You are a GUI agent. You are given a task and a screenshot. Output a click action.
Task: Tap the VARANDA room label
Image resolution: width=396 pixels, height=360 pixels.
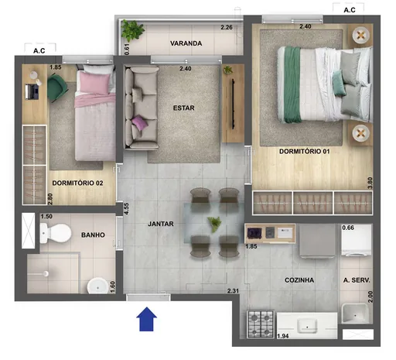tap(186, 44)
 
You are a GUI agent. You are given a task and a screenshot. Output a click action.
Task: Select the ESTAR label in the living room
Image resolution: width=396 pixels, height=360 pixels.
tap(183, 108)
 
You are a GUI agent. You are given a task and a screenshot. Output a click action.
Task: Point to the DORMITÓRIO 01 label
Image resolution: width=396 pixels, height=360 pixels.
tap(305, 152)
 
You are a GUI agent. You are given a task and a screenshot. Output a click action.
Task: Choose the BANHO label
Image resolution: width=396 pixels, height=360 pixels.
tap(93, 235)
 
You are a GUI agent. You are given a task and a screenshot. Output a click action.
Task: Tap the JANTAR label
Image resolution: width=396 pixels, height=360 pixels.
tap(160, 225)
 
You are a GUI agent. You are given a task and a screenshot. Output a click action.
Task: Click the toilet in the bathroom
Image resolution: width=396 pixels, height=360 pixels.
tap(52, 232)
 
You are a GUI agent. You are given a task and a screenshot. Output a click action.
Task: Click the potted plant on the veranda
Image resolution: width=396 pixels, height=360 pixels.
tap(134, 31)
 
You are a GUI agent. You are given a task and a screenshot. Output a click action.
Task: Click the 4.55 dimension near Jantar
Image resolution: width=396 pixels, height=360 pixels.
tap(125, 210)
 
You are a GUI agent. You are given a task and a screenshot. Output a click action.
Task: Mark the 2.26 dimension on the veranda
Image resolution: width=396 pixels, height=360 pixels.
tap(227, 28)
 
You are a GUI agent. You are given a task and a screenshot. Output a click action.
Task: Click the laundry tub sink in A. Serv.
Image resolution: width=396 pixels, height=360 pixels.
tap(355, 314)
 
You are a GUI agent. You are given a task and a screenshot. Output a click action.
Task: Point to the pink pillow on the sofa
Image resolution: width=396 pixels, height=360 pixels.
tap(140, 122)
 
